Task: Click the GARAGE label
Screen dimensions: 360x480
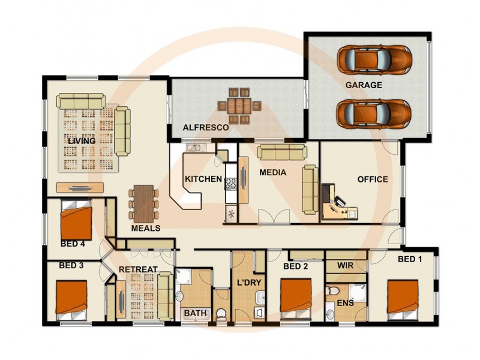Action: pos(363,85)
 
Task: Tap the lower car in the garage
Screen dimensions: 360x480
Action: pos(373,113)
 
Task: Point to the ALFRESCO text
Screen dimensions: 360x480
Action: pos(206,128)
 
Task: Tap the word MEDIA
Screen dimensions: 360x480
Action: pos(272,172)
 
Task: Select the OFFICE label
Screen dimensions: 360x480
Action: pos(373,179)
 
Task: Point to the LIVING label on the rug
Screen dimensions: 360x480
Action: pos(82,140)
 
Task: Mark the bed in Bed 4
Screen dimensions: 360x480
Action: pos(77,221)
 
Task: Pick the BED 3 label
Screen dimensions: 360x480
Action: pos(71,265)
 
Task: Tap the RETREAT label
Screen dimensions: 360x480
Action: pos(138,269)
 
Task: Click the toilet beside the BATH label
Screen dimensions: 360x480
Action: pos(221,313)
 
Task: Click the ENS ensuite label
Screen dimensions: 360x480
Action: pos(345,303)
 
